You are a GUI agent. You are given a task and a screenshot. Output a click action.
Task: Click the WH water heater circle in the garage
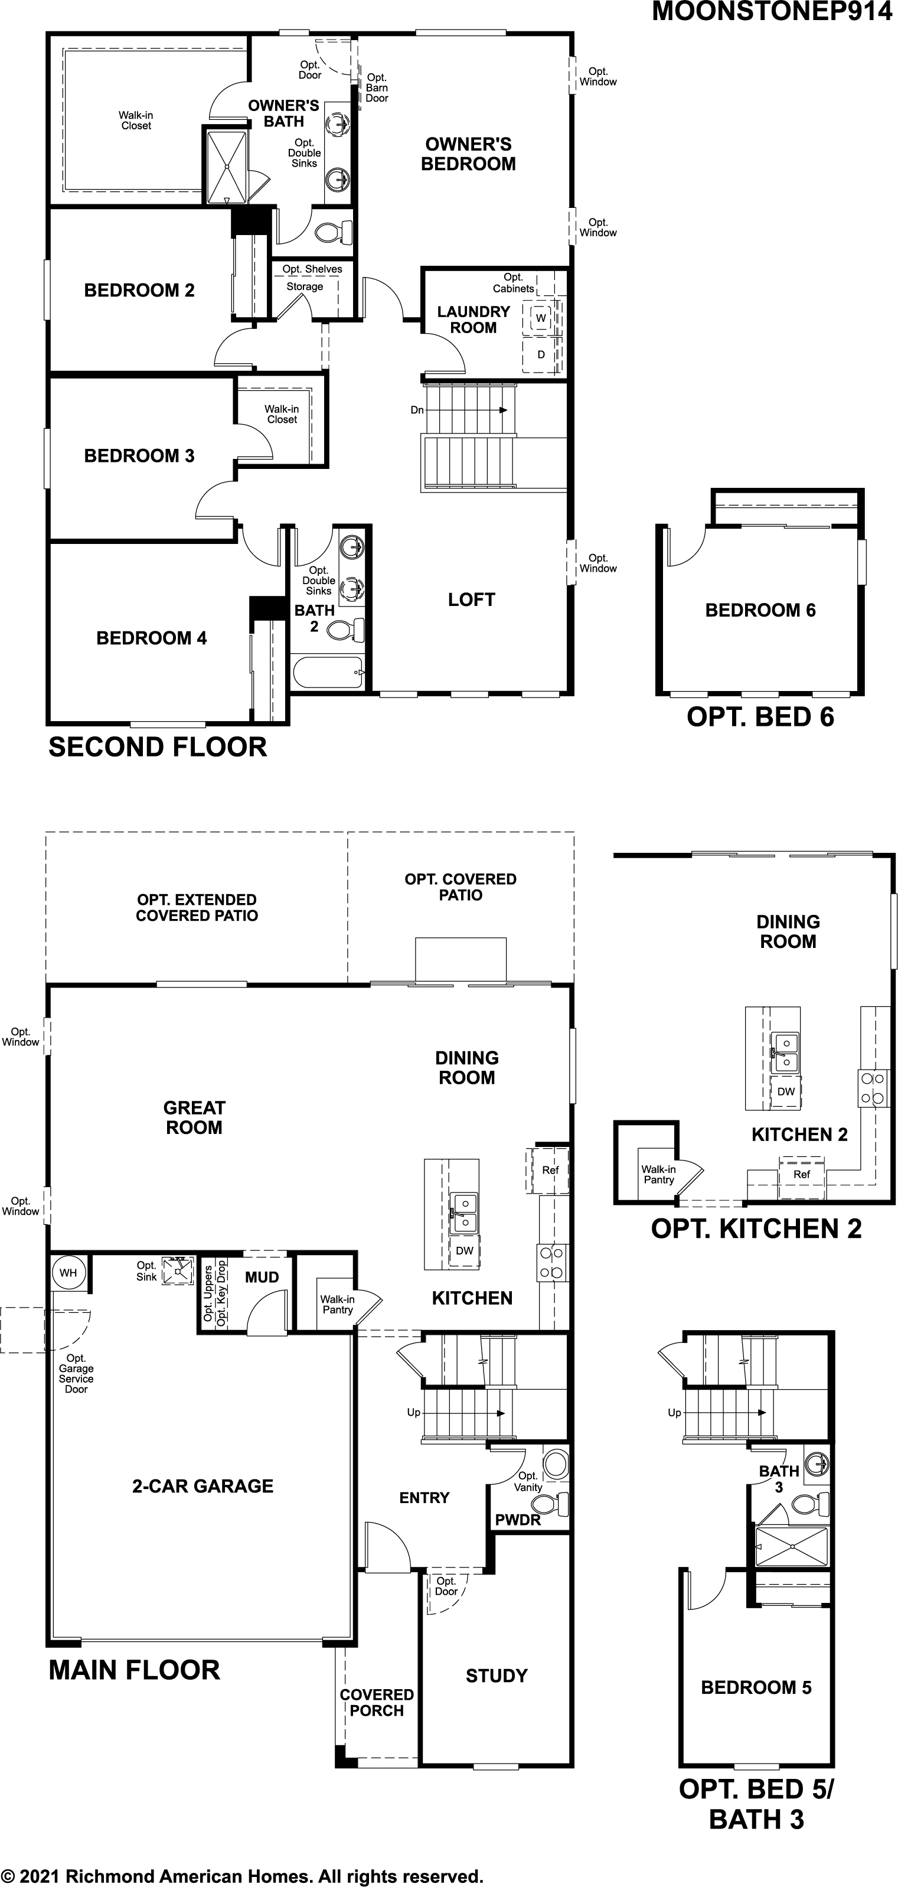[68, 1272]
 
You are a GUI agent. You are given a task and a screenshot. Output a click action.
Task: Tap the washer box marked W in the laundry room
[541, 318]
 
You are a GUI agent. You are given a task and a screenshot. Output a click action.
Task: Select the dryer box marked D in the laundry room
[541, 354]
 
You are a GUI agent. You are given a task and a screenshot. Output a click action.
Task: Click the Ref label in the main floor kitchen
[550, 1171]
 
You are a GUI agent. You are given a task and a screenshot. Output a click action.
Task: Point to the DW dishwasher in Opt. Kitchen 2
[785, 1091]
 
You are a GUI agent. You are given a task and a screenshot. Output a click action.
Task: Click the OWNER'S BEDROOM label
[468, 154]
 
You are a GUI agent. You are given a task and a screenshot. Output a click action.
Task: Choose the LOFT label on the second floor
[472, 600]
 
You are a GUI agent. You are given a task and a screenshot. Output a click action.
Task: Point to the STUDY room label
[497, 1676]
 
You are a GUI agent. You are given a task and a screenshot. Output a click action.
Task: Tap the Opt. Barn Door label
[377, 88]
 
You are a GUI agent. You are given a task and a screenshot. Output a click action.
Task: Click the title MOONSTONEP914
[772, 12]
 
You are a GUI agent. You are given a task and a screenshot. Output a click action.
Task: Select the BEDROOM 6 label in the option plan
[760, 610]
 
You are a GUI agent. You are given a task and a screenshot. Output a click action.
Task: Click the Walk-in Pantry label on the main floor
[337, 1305]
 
